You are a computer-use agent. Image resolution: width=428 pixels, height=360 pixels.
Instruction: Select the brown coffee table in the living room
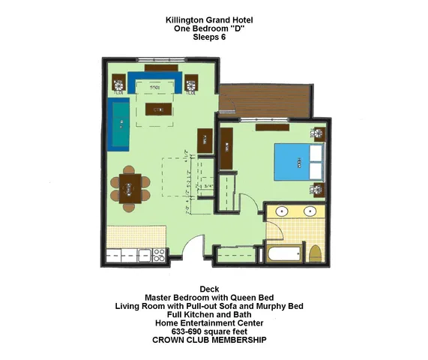pos(158,109)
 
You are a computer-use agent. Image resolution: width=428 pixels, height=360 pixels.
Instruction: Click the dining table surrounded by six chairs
pos(130,187)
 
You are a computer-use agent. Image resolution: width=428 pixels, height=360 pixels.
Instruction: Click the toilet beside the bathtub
pos(315,254)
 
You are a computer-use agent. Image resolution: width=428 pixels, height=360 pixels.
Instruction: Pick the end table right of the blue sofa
pos(190,82)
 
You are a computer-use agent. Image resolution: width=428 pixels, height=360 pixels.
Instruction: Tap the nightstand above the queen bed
pos(319,135)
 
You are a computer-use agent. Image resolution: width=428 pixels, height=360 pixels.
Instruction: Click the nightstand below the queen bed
pos(319,189)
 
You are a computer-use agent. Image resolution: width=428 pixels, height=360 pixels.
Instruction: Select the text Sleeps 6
pos(209,37)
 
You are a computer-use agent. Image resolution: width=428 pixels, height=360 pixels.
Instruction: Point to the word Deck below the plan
pos(209,289)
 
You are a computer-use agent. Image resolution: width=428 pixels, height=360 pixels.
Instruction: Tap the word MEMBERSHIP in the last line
pos(235,340)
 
